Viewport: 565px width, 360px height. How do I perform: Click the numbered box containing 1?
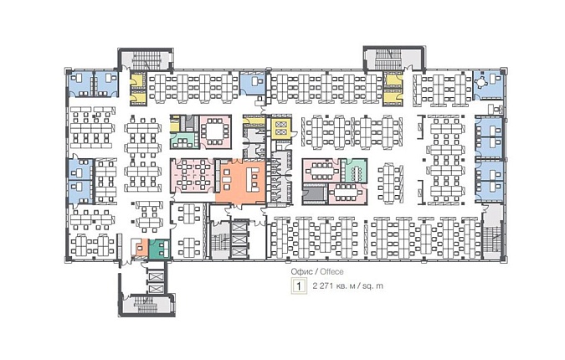pos(299,286)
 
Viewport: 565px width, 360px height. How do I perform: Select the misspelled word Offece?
pos(331,271)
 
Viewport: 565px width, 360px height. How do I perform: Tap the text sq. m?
pos(372,286)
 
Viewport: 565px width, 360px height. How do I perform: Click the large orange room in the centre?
pos(241,182)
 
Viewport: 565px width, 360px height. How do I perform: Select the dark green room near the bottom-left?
pos(160,249)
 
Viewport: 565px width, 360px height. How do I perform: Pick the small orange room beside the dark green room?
pos(141,249)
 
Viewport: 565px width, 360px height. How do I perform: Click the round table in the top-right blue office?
pos(481,82)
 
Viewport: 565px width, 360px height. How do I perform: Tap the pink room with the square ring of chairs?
pos(215,132)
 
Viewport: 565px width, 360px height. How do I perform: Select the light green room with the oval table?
pos(354,171)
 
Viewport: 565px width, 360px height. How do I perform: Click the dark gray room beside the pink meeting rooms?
pos(315,194)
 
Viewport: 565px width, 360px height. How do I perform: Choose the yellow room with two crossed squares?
pos(280,128)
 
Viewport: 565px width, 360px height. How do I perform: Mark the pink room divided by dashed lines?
pos(193,175)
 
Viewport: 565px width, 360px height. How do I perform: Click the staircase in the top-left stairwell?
pos(146,59)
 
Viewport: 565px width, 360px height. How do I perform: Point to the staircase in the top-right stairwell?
pos(388,59)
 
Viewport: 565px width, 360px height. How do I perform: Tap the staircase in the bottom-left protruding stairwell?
pos(146,304)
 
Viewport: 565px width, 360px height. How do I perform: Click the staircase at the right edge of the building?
pos(491,240)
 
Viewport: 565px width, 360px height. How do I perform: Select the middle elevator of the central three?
pos(239,239)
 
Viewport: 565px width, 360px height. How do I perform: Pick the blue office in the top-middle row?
pos(253,83)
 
